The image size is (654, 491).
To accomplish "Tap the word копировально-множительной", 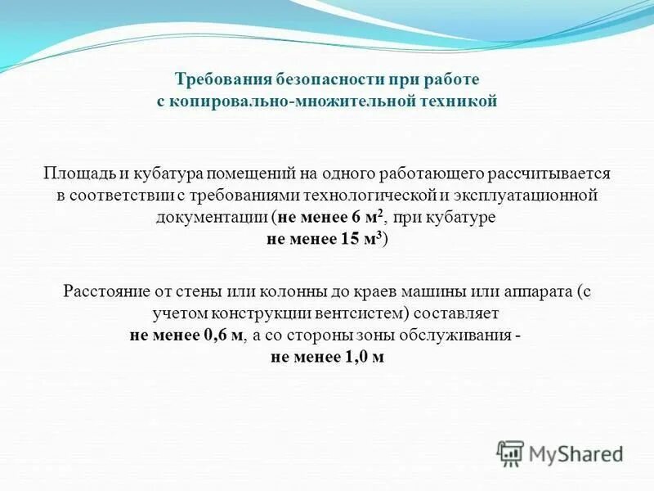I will [302, 102].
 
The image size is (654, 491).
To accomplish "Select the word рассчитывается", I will [549, 174].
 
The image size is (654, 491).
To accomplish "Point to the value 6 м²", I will [365, 218].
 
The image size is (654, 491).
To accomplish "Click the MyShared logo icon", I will [510, 453].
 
